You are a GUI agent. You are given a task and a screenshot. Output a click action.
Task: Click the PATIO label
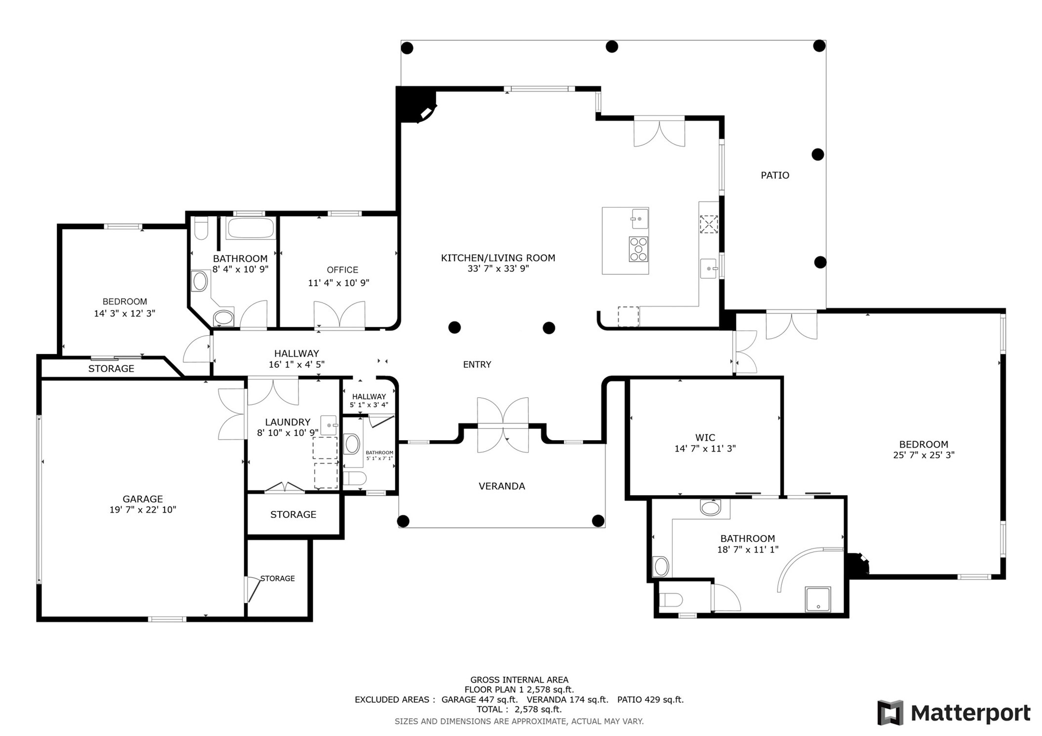click(774, 175)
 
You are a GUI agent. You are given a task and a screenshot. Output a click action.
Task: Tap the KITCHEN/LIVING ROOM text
click(498, 258)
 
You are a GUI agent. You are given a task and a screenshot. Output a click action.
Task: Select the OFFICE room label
click(342, 270)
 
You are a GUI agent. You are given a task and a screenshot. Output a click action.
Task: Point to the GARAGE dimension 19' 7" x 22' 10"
click(142, 510)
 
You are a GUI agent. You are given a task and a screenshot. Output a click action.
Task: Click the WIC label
click(705, 437)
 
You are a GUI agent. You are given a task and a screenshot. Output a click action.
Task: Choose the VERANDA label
click(501, 486)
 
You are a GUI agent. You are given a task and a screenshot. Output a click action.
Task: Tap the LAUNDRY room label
click(288, 422)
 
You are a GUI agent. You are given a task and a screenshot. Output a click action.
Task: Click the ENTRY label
click(477, 365)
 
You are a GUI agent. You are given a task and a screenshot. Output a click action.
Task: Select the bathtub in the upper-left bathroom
click(250, 228)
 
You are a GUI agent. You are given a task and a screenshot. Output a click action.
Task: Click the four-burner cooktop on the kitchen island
click(638, 249)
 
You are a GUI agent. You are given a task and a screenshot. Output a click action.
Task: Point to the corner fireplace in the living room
click(416, 105)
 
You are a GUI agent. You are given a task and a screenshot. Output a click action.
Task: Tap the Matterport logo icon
click(890, 713)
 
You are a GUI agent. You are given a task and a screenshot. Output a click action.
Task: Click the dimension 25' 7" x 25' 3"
click(923, 455)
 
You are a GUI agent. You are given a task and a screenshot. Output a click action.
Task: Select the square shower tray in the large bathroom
click(818, 599)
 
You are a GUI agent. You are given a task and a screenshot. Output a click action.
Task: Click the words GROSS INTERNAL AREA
click(519, 680)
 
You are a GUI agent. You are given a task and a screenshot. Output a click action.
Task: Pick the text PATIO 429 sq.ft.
click(650, 699)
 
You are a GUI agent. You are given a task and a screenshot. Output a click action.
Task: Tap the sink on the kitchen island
click(639, 218)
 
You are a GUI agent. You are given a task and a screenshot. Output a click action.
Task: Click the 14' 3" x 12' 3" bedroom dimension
click(125, 313)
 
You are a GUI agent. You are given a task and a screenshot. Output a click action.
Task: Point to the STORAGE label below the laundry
click(293, 514)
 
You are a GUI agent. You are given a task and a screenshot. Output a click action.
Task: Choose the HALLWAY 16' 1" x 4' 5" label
click(296, 359)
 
